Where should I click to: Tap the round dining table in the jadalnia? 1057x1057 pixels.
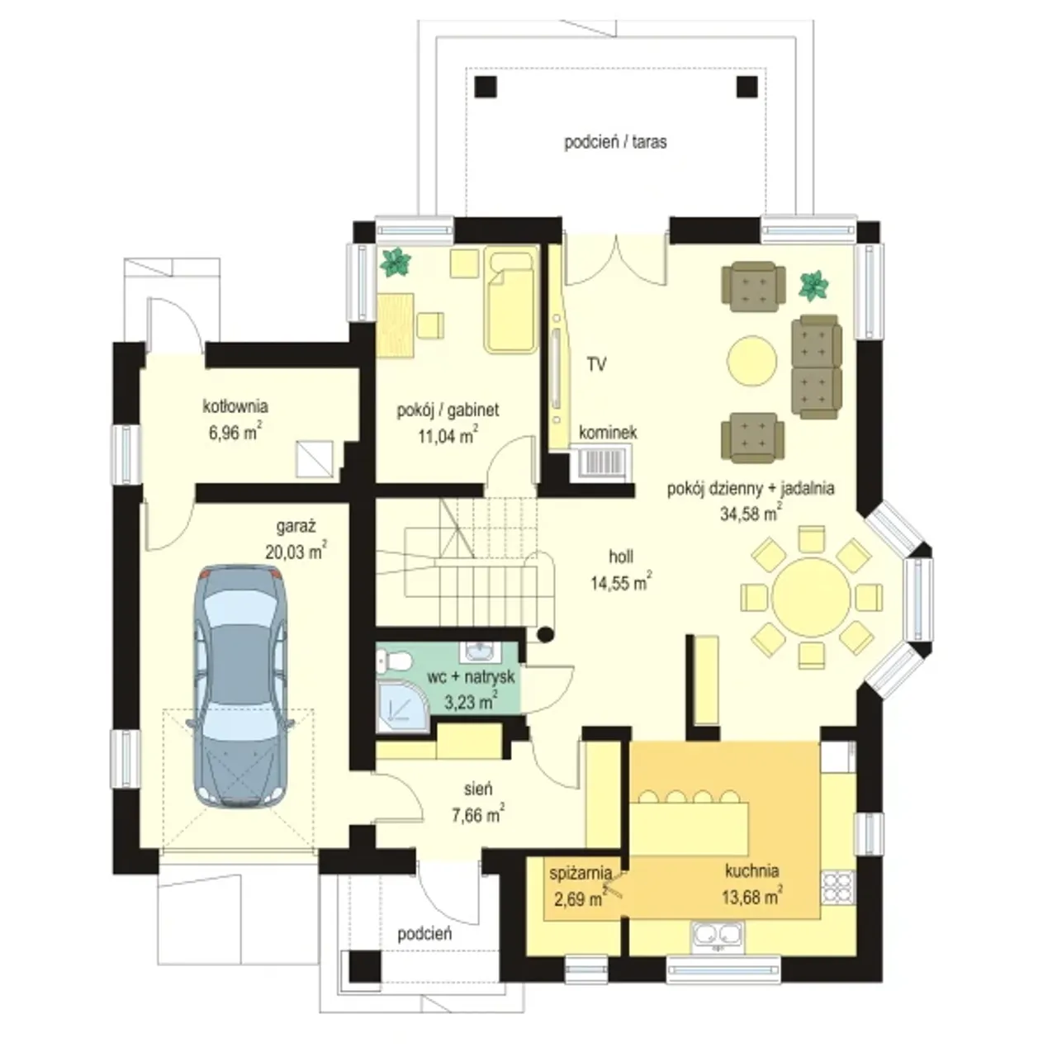tap(811, 597)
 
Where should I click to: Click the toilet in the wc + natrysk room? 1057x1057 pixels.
tap(395, 661)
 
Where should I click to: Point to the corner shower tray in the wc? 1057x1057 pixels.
tap(403, 706)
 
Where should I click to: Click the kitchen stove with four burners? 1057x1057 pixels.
tap(837, 888)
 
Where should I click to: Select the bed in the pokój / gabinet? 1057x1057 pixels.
tap(510, 300)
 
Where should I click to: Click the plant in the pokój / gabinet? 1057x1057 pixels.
tap(396, 263)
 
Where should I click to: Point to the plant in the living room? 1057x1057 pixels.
tap(813, 285)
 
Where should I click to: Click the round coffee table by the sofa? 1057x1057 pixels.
tap(751, 360)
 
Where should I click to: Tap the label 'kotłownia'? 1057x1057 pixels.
tap(235, 406)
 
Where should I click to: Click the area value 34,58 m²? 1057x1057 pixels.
tap(751, 513)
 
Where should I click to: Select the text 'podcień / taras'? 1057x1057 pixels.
tap(615, 142)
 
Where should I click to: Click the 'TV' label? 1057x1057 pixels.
tap(596, 364)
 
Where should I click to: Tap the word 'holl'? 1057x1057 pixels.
tap(621, 557)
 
